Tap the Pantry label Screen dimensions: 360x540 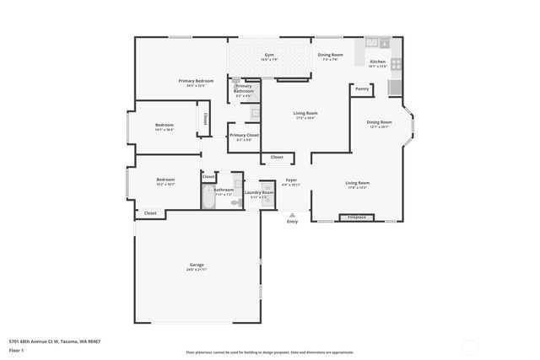pos(362,89)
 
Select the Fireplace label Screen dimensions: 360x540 pos(356,218)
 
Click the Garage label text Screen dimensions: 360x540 pos(196,265)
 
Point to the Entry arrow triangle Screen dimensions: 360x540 pos(292,213)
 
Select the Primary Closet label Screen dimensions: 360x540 pos(244,135)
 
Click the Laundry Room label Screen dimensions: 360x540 pos(259,192)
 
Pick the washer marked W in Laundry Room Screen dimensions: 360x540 pos(267,186)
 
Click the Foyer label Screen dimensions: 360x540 pos(291,180)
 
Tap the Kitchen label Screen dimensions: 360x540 pos(377,62)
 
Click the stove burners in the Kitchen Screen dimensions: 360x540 pos(396,63)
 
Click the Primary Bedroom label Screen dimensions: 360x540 pos(196,81)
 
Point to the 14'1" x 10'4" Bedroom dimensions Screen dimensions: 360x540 pos(165,130)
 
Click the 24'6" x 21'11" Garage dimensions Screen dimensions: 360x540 pos(196,270)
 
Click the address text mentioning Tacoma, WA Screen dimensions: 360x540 pos(55,341)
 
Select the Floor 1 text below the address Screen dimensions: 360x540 pos(17,349)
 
